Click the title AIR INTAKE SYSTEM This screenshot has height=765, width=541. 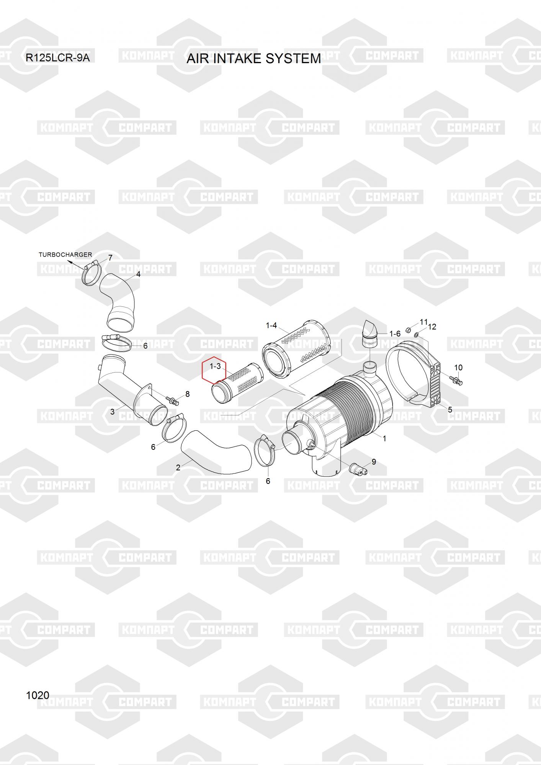tap(253, 59)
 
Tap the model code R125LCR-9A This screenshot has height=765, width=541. tap(57, 58)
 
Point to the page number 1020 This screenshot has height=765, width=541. tap(38, 695)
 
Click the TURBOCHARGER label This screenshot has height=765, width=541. tap(65, 255)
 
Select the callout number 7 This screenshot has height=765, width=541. tap(110, 258)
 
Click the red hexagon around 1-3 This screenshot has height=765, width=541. tap(214, 370)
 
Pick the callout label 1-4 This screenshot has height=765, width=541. tap(271, 326)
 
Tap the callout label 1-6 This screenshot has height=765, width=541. tap(395, 334)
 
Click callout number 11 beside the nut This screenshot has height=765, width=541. tap(423, 322)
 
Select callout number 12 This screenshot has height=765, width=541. tap(432, 327)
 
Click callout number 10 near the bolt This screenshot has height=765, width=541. tap(458, 368)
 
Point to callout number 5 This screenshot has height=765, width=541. tap(450, 410)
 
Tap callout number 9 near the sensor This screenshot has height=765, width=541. tap(374, 462)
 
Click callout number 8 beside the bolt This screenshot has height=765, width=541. tap(187, 394)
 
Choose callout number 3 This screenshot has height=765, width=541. tap(112, 412)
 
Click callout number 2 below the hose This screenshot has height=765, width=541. tap(178, 467)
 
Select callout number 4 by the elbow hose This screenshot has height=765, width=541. tap(138, 274)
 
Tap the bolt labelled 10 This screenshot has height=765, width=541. tap(456, 380)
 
